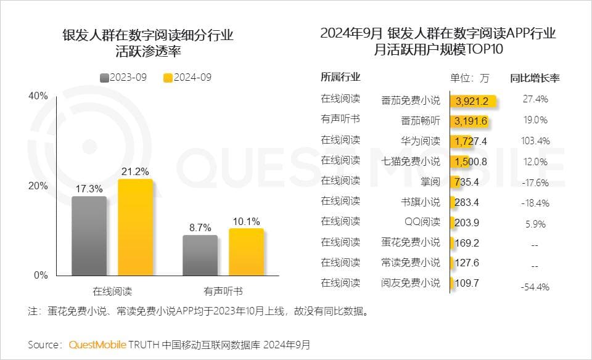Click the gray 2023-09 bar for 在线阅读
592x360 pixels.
pyautogui.click(x=89, y=235)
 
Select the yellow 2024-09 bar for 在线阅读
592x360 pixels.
pyautogui.click(x=135, y=227)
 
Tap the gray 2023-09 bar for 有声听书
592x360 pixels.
pyautogui.click(x=200, y=255)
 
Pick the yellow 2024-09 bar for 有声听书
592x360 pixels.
pyautogui.click(x=245, y=252)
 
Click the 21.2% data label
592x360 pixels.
pyautogui.click(x=135, y=171)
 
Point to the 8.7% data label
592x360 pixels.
pyautogui.click(x=200, y=227)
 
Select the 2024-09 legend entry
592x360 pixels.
pyautogui.click(x=187, y=78)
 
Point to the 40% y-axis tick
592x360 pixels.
pyautogui.click(x=38, y=96)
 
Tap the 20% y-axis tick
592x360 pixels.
pyautogui.click(x=38, y=186)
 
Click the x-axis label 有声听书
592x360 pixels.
pyautogui.click(x=223, y=290)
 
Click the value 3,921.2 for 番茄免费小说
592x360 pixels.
pyautogui.click(x=473, y=100)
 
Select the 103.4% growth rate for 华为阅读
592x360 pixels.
pyautogui.click(x=535, y=141)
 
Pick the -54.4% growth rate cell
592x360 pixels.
pyautogui.click(x=535, y=287)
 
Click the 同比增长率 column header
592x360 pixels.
pyautogui.click(x=535, y=78)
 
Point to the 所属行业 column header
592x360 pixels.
pyautogui.click(x=340, y=78)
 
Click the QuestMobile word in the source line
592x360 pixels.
pyautogui.click(x=97, y=343)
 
